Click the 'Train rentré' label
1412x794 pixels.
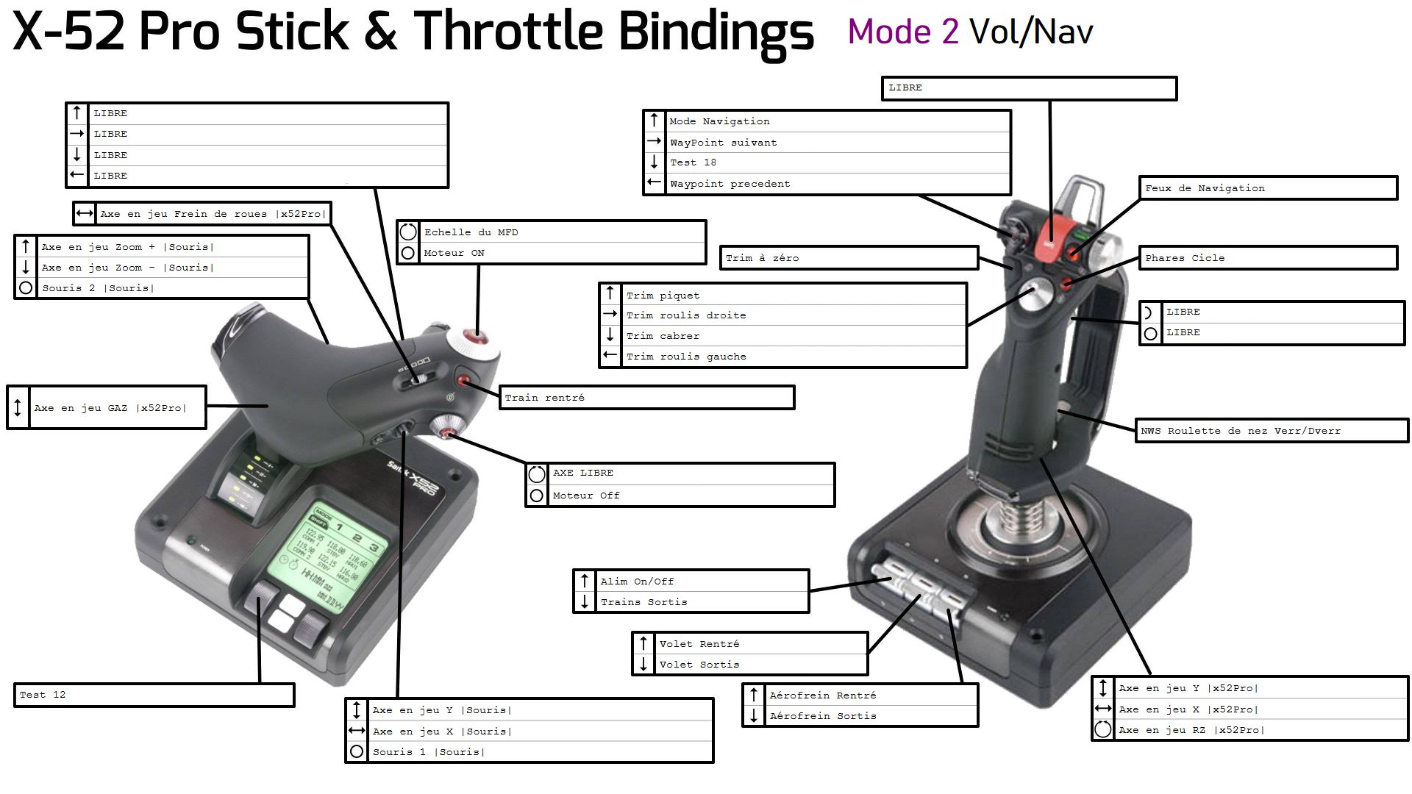pyautogui.click(x=545, y=398)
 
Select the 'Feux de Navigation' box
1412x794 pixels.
pyautogui.click(x=1205, y=188)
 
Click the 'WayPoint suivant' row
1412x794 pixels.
pyautogui.click(x=723, y=143)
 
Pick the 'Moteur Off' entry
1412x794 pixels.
pyautogui.click(x=586, y=496)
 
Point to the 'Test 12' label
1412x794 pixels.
pyautogui.click(x=43, y=695)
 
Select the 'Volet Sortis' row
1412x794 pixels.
pyautogui.click(x=699, y=665)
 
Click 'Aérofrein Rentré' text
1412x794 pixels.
pyautogui.click(x=822, y=695)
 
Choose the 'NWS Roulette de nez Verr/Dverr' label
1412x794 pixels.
pyautogui.click(x=1241, y=431)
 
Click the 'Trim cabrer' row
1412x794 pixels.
pyautogui.click(x=663, y=336)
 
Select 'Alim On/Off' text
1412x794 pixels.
pyautogui.click(x=637, y=582)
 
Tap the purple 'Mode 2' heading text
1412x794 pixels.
pyautogui.click(x=902, y=32)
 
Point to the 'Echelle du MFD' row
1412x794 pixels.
pyautogui.click(x=471, y=232)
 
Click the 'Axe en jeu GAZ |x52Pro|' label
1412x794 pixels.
pyautogui.click(x=110, y=408)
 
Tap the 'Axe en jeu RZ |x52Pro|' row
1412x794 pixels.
pyautogui.click(x=1188, y=730)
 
